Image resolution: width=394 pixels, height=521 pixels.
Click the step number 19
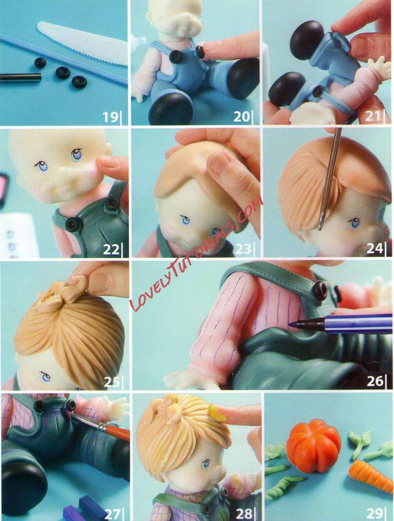110,117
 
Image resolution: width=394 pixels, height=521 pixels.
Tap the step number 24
374,248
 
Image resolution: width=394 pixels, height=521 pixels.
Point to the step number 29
374,514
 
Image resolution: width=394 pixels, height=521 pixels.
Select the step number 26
374,381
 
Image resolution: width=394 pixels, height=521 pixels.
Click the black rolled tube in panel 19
20,77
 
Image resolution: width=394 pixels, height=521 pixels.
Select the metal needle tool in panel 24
329,179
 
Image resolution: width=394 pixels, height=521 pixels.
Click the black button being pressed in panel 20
200,51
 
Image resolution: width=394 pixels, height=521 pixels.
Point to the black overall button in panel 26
319,290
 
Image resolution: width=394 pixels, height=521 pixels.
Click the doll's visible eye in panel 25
45,377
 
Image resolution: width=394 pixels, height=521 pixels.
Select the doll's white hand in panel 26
189,379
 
